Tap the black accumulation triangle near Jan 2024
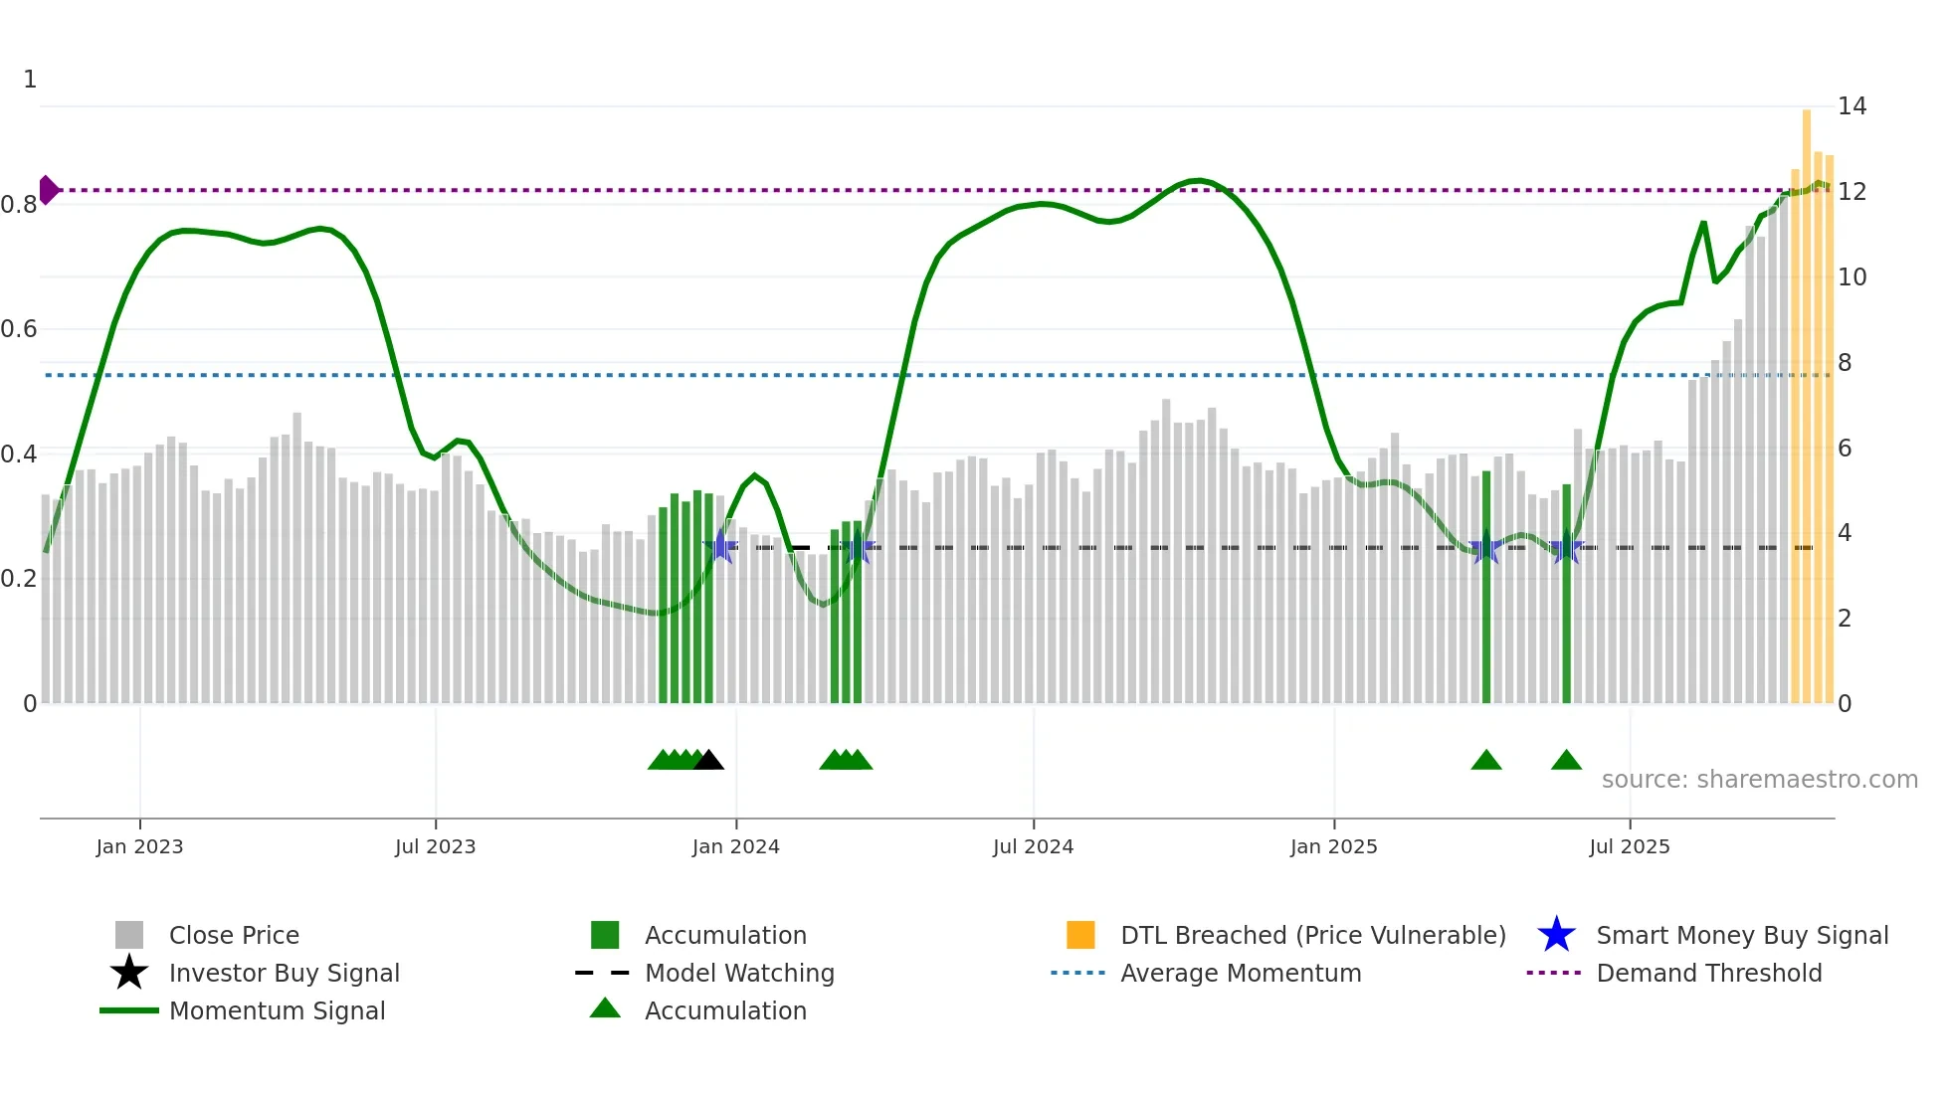[x=708, y=761]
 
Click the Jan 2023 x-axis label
[x=139, y=846]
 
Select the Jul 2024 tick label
[x=1033, y=846]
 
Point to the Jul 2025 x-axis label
[x=1629, y=846]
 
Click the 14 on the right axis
[x=1852, y=106]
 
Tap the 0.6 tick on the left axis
[x=20, y=329]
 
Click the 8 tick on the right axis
[x=1845, y=363]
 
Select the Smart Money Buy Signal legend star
[x=1556, y=935]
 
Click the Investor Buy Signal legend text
[x=284, y=973]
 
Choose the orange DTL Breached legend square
[x=1080, y=935]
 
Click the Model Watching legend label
[x=739, y=973]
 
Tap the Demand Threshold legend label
[x=1708, y=973]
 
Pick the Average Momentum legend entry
[x=1240, y=973]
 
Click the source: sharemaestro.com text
[x=1759, y=779]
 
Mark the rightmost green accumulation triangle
[x=1566, y=761]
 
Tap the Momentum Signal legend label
[x=277, y=1010]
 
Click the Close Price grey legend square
[x=129, y=935]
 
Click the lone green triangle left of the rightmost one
[x=1486, y=761]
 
